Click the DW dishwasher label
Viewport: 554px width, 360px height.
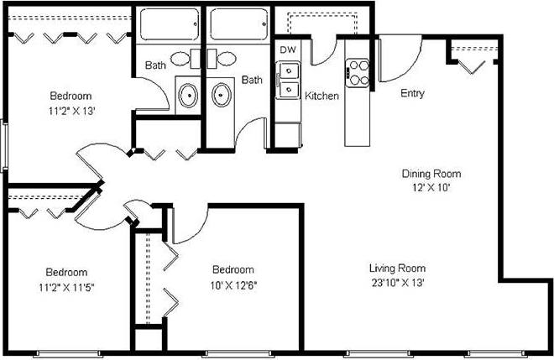[288, 50]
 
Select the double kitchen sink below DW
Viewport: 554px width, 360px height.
[289, 81]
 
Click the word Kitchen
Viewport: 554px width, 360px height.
[321, 97]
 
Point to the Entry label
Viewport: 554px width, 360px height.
[412, 93]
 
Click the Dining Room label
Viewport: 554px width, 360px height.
[431, 175]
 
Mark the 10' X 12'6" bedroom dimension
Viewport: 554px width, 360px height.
[233, 283]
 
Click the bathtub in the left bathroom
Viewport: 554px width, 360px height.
[168, 25]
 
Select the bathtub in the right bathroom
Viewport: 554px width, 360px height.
[239, 25]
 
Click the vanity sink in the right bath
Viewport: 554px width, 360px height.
[222, 93]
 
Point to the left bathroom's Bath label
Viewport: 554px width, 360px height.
[154, 65]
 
